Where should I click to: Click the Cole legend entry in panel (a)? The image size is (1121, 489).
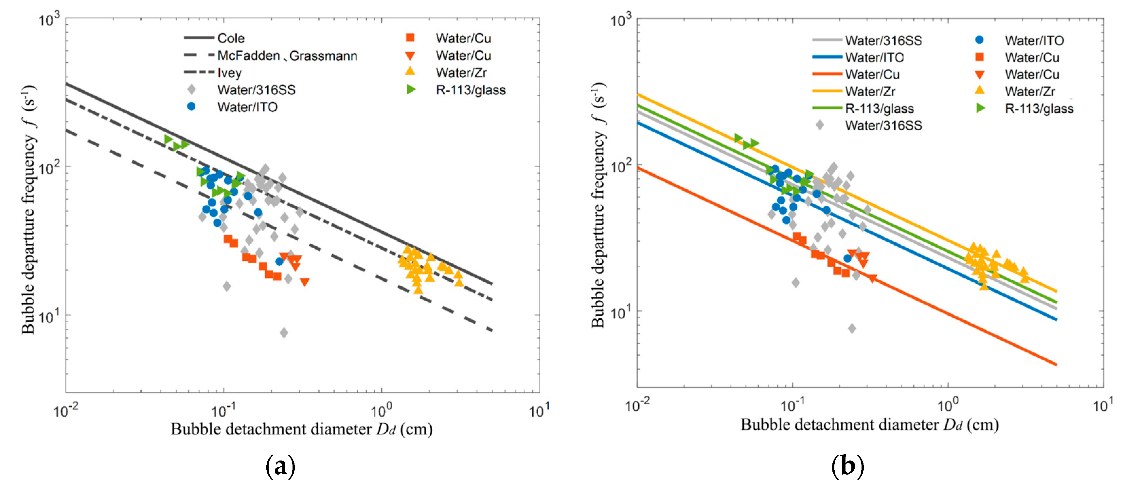click(x=231, y=38)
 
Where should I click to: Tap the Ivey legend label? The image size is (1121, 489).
click(x=229, y=73)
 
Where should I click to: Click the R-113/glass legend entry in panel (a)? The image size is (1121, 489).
click(x=471, y=90)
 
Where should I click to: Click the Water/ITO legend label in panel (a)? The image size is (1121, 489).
click(x=247, y=107)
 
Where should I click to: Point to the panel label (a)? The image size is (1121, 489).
click(x=280, y=466)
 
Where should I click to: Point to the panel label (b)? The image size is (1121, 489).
click(x=847, y=466)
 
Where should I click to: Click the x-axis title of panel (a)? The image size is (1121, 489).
click(x=302, y=429)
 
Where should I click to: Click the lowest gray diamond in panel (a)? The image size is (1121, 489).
click(x=284, y=333)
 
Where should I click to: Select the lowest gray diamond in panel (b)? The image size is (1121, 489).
click(x=852, y=328)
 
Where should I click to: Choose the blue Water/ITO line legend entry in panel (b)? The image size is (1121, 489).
click(x=874, y=57)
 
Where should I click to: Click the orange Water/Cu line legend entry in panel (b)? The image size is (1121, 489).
click(x=872, y=74)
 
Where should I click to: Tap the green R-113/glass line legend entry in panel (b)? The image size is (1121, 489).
click(x=879, y=108)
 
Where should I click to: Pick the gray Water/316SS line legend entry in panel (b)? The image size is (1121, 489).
click(x=883, y=41)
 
